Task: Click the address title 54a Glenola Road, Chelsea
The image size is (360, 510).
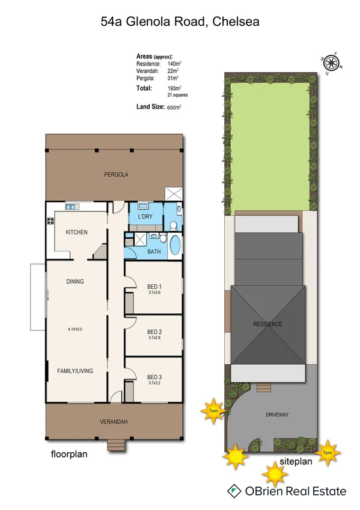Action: (180, 22)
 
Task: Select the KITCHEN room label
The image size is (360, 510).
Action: (77, 232)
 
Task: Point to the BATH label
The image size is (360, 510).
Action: (154, 251)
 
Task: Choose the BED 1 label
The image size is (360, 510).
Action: (155, 286)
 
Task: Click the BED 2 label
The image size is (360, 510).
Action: (155, 332)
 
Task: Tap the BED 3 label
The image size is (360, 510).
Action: (155, 378)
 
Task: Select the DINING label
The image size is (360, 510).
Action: (75, 281)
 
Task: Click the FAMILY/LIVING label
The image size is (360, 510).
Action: (75, 371)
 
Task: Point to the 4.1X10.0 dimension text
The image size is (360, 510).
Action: (76, 330)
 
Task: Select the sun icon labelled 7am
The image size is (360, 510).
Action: (213, 411)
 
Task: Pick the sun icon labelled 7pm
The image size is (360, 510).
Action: (329, 452)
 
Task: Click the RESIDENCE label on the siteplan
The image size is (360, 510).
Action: (267, 324)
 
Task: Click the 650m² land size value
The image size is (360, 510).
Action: (174, 107)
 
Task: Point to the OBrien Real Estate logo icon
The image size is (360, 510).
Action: (232, 491)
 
